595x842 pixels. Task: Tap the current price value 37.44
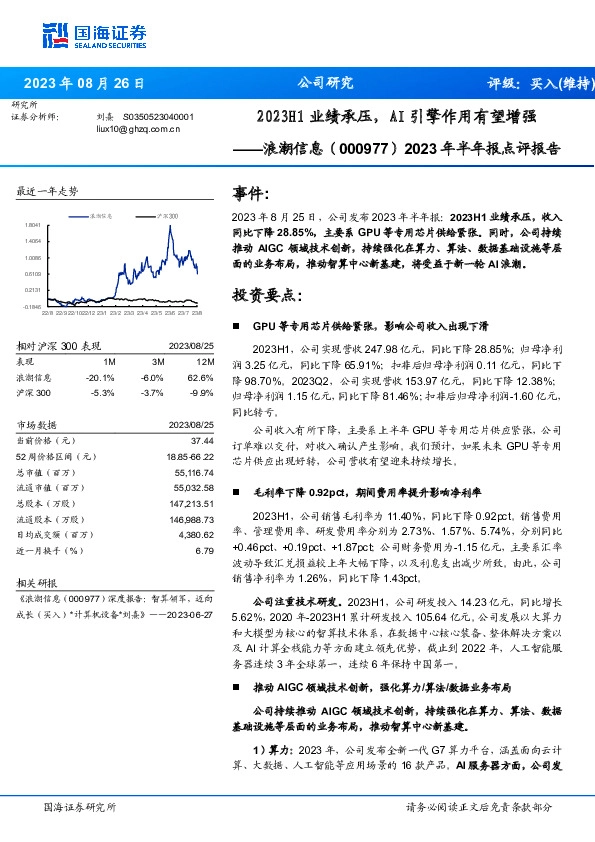coord(204,440)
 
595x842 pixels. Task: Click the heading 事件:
coord(250,193)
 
